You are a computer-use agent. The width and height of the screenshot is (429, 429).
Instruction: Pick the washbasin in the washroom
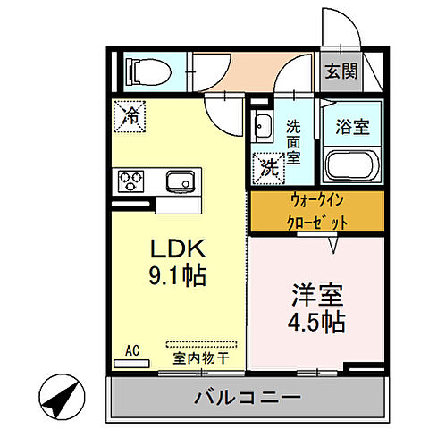(x=263, y=126)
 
